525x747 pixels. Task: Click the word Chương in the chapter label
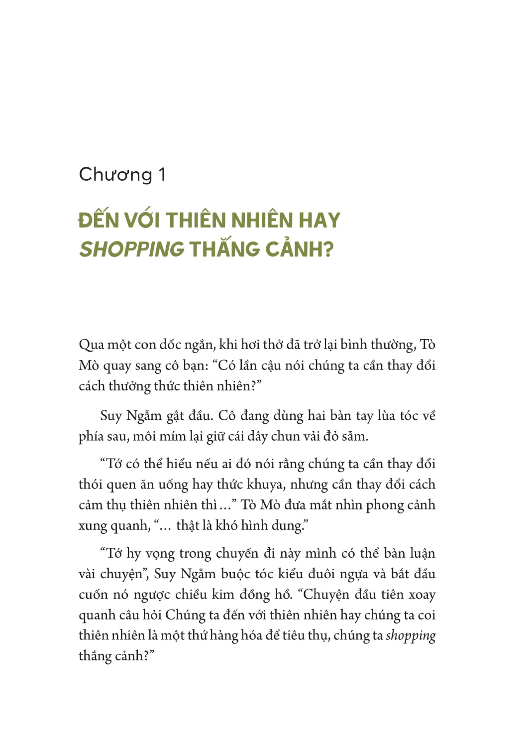pos(115,175)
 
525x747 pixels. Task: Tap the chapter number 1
pos(162,175)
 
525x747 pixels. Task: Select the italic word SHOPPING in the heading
pos(132,249)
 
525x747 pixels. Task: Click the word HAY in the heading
pos(319,221)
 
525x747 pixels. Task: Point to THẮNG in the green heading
pos(225,249)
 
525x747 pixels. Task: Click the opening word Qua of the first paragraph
pos(91,345)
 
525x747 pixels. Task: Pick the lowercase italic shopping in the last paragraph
pos(411,636)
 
